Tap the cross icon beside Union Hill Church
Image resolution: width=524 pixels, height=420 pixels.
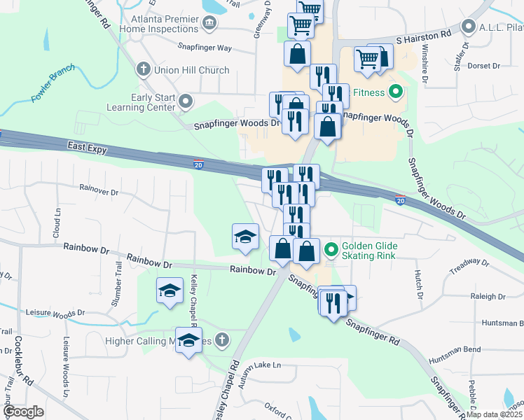pyautogui.click(x=143, y=69)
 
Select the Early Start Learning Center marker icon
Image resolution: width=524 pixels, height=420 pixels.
pyautogui.click(x=186, y=103)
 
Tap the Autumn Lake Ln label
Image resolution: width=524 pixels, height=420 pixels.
pyautogui.click(x=257, y=365)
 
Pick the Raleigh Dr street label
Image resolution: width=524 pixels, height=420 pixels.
pyautogui.click(x=483, y=296)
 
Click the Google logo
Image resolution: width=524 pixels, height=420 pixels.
pyautogui.click(x=23, y=412)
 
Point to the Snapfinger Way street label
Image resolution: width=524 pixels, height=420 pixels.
pyautogui.click(x=205, y=48)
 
